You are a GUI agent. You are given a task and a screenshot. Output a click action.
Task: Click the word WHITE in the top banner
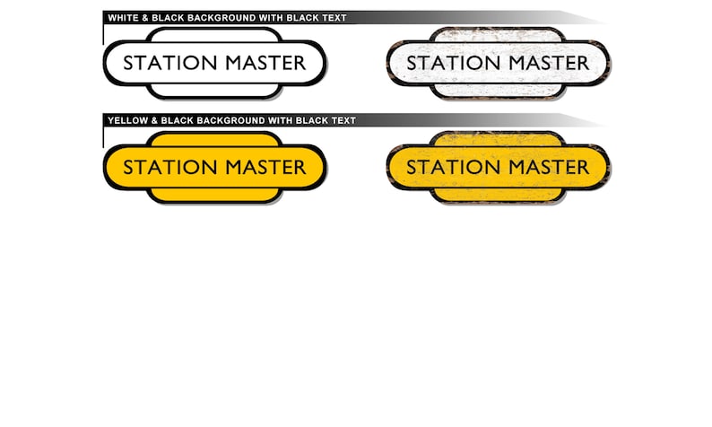pos(122,18)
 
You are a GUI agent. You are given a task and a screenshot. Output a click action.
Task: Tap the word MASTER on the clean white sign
pos(265,63)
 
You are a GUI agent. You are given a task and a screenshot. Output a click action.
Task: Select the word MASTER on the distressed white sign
pos(549,63)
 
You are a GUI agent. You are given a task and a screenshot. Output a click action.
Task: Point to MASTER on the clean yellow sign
pos(265,167)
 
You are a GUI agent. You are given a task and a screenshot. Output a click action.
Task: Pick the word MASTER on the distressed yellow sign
pos(549,167)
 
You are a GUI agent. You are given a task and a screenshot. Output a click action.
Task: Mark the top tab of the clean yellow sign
pos(214,138)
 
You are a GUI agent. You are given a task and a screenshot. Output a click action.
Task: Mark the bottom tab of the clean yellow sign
pos(214,196)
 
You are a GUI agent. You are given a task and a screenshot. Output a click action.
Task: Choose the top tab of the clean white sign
pos(214,34)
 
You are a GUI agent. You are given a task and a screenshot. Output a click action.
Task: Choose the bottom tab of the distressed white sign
pos(498,91)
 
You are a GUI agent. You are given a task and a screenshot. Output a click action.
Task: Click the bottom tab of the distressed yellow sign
pos(498,196)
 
